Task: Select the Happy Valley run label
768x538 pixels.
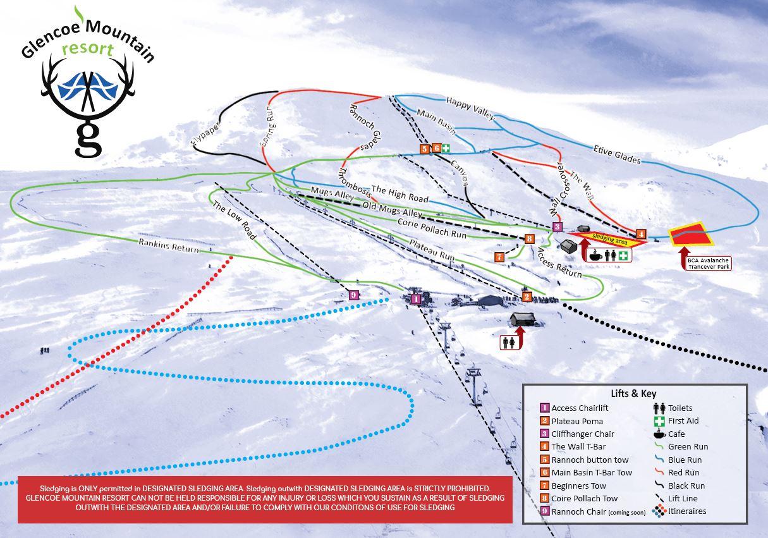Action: pyautogui.click(x=470, y=108)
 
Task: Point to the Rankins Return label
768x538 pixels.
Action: pyautogui.click(x=169, y=245)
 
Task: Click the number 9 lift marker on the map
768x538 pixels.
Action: pyautogui.click(x=353, y=295)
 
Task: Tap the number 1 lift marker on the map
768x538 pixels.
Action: pyautogui.click(x=416, y=299)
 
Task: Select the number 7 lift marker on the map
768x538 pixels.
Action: pyautogui.click(x=499, y=257)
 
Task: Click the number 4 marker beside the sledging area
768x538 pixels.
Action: pyautogui.click(x=641, y=234)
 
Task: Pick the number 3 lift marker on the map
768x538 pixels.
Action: pyautogui.click(x=557, y=226)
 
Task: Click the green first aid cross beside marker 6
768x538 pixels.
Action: pyautogui.click(x=446, y=149)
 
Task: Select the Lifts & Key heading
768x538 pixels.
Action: pyautogui.click(x=633, y=393)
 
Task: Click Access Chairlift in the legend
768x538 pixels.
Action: pyautogui.click(x=580, y=408)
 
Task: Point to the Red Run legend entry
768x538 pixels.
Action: pyautogui.click(x=683, y=473)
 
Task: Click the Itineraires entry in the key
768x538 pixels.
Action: pyautogui.click(x=687, y=511)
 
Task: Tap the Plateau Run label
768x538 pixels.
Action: pyautogui.click(x=431, y=249)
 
